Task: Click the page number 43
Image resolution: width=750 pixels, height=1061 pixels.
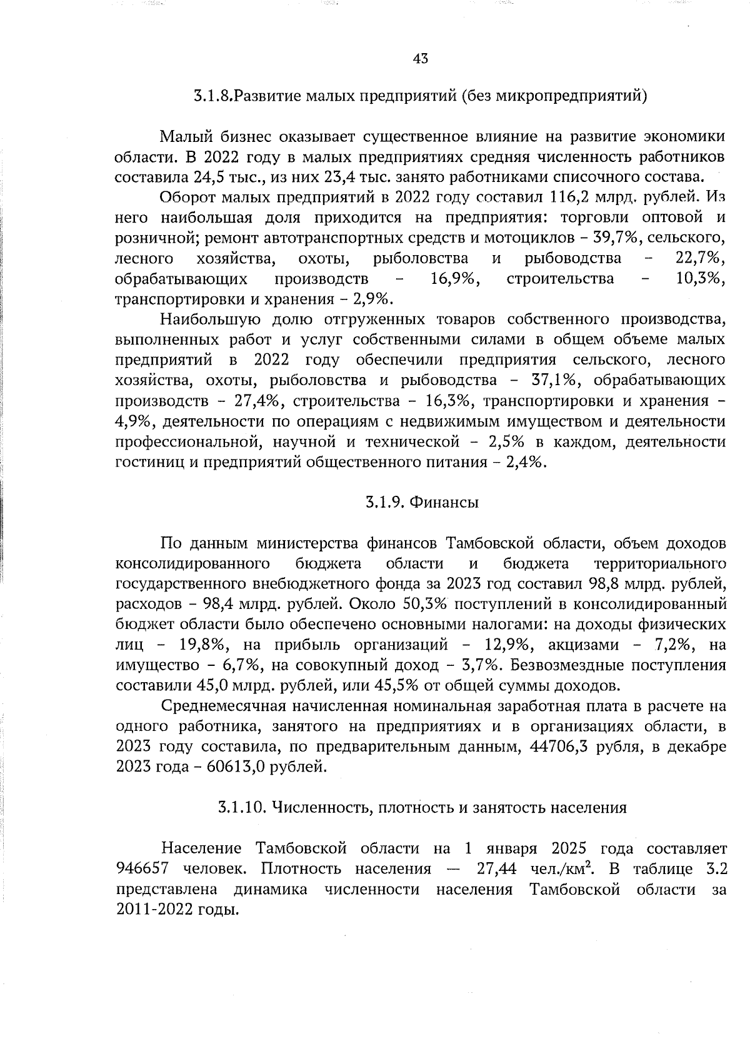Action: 420,59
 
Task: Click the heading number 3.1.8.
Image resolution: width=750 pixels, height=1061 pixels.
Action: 213,96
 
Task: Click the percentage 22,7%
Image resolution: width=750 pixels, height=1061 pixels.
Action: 700,258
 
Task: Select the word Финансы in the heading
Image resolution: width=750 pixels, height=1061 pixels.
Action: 445,502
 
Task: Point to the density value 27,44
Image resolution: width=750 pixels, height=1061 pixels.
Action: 498,868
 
